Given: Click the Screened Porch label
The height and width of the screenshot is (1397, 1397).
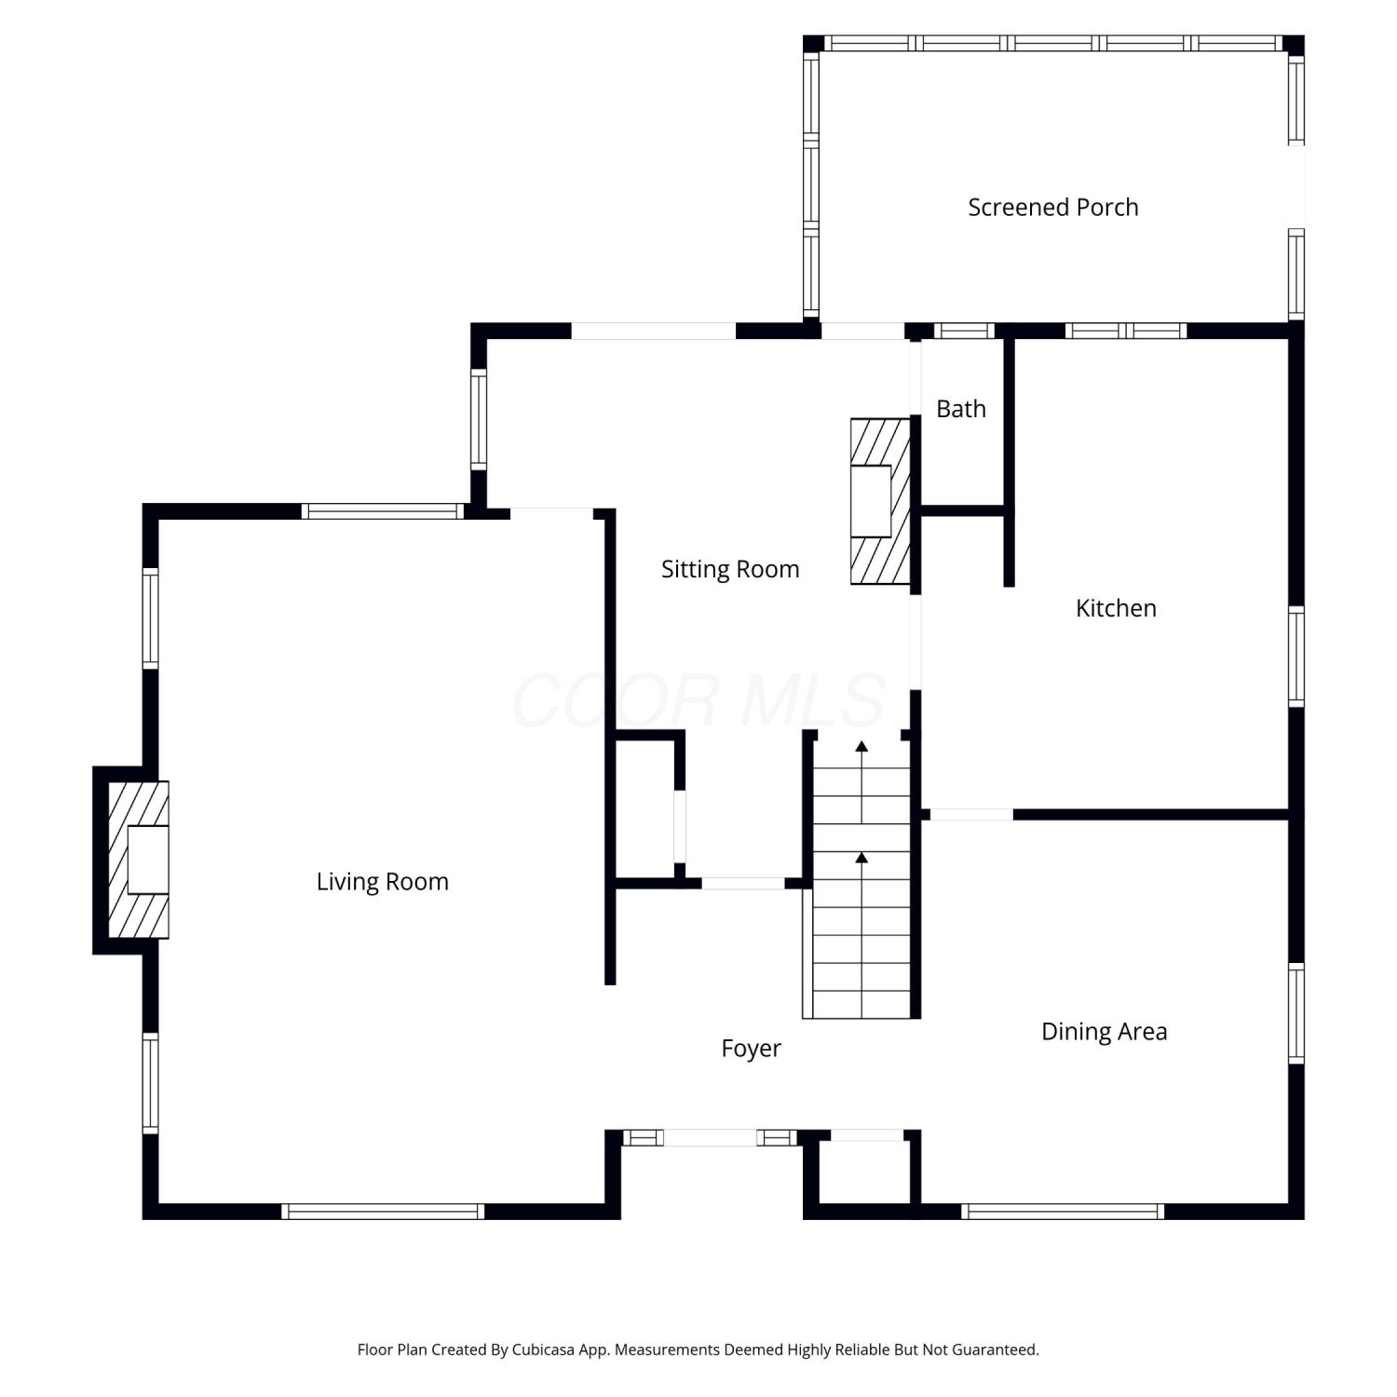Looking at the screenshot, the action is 1052,207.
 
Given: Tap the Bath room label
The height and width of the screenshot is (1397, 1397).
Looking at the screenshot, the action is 960,409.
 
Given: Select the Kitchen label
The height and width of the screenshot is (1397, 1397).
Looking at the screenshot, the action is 1116,608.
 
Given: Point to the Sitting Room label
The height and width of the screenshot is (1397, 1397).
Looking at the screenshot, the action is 730,569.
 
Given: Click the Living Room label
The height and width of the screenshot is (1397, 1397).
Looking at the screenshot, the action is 382,882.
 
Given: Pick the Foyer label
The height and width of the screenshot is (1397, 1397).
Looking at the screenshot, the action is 751,1049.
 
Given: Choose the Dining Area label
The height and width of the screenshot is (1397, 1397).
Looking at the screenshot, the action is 1104,1032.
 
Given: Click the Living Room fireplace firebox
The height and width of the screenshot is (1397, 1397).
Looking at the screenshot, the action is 148,860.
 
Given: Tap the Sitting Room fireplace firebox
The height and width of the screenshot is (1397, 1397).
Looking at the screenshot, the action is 871,501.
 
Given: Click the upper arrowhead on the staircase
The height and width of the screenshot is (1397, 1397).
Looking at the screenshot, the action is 861,746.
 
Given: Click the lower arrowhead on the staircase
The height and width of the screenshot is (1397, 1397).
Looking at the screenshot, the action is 861,857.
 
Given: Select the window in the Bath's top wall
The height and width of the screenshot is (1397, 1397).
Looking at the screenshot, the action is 964,331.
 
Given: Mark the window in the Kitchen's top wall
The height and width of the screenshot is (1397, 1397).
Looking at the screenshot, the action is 1125,331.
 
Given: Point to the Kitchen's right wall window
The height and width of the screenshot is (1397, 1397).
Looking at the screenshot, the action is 1296,657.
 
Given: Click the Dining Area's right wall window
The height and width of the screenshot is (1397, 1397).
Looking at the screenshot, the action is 1296,1013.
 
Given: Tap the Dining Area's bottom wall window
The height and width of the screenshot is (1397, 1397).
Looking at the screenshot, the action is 1063,1212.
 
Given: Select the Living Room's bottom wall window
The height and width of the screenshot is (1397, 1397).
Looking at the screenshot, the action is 383,1212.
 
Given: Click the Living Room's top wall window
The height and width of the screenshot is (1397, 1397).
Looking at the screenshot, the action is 383,511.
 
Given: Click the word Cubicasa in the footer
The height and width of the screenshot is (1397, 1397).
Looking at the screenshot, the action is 543,1350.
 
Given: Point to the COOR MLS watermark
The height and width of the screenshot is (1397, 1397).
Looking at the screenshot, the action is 698,699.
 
